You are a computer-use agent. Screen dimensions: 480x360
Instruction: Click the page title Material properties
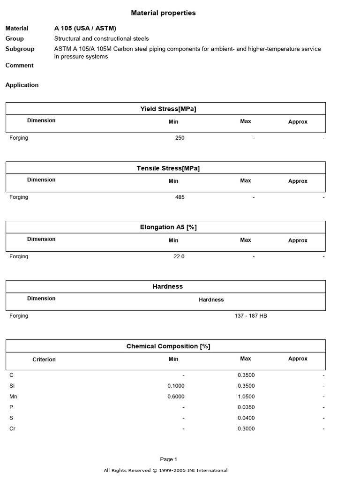[x=163, y=13]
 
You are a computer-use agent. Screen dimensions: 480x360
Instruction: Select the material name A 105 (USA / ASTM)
[x=85, y=28]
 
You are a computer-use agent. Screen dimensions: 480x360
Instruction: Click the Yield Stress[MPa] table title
[x=168, y=109]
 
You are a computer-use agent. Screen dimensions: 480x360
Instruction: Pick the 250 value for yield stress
[x=180, y=138]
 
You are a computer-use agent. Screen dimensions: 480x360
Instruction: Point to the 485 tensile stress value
[x=180, y=197]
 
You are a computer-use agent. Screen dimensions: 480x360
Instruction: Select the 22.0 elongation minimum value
[x=179, y=256]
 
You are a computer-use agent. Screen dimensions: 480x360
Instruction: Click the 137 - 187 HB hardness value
[x=251, y=316]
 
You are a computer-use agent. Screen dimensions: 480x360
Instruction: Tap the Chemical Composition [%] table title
[x=168, y=346]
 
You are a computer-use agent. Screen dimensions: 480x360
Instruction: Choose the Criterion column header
[x=44, y=360]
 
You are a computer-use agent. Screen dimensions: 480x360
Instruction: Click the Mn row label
[x=13, y=397]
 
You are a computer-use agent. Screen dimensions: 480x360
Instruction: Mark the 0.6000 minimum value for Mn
[x=176, y=397]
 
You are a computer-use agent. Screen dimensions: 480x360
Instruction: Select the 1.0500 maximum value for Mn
[x=246, y=397]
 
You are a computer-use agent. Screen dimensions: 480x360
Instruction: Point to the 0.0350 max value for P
[x=246, y=407]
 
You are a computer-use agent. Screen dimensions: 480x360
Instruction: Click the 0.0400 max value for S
[x=246, y=418]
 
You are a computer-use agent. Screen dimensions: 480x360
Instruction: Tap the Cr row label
[x=13, y=429]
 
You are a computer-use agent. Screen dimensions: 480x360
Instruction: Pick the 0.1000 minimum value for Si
[x=176, y=386]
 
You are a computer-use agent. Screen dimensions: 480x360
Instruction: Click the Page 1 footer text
[x=169, y=459]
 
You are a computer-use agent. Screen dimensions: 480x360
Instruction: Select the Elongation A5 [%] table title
[x=168, y=227]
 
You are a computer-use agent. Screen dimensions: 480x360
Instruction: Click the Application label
[x=22, y=85]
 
